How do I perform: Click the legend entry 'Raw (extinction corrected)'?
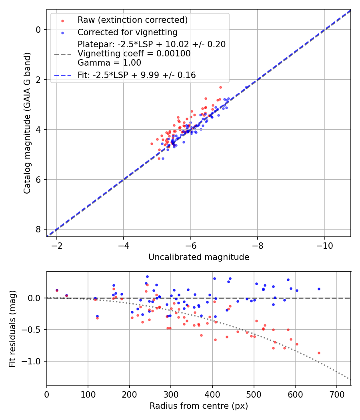tap(132, 20)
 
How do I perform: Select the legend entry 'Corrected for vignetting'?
tap(127, 32)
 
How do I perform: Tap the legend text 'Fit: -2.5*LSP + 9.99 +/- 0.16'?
tap(136, 75)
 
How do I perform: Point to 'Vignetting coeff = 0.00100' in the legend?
tap(134, 54)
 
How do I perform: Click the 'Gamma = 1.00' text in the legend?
tap(109, 62)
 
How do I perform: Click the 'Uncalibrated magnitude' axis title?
tap(199, 257)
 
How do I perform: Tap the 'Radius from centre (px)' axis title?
tap(199, 406)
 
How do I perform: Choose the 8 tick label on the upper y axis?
tap(38, 229)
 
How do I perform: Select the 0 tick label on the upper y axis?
tap(38, 30)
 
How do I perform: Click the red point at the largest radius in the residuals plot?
tap(319, 353)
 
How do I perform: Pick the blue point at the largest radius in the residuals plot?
tap(319, 289)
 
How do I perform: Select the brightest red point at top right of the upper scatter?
tap(220, 87)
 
